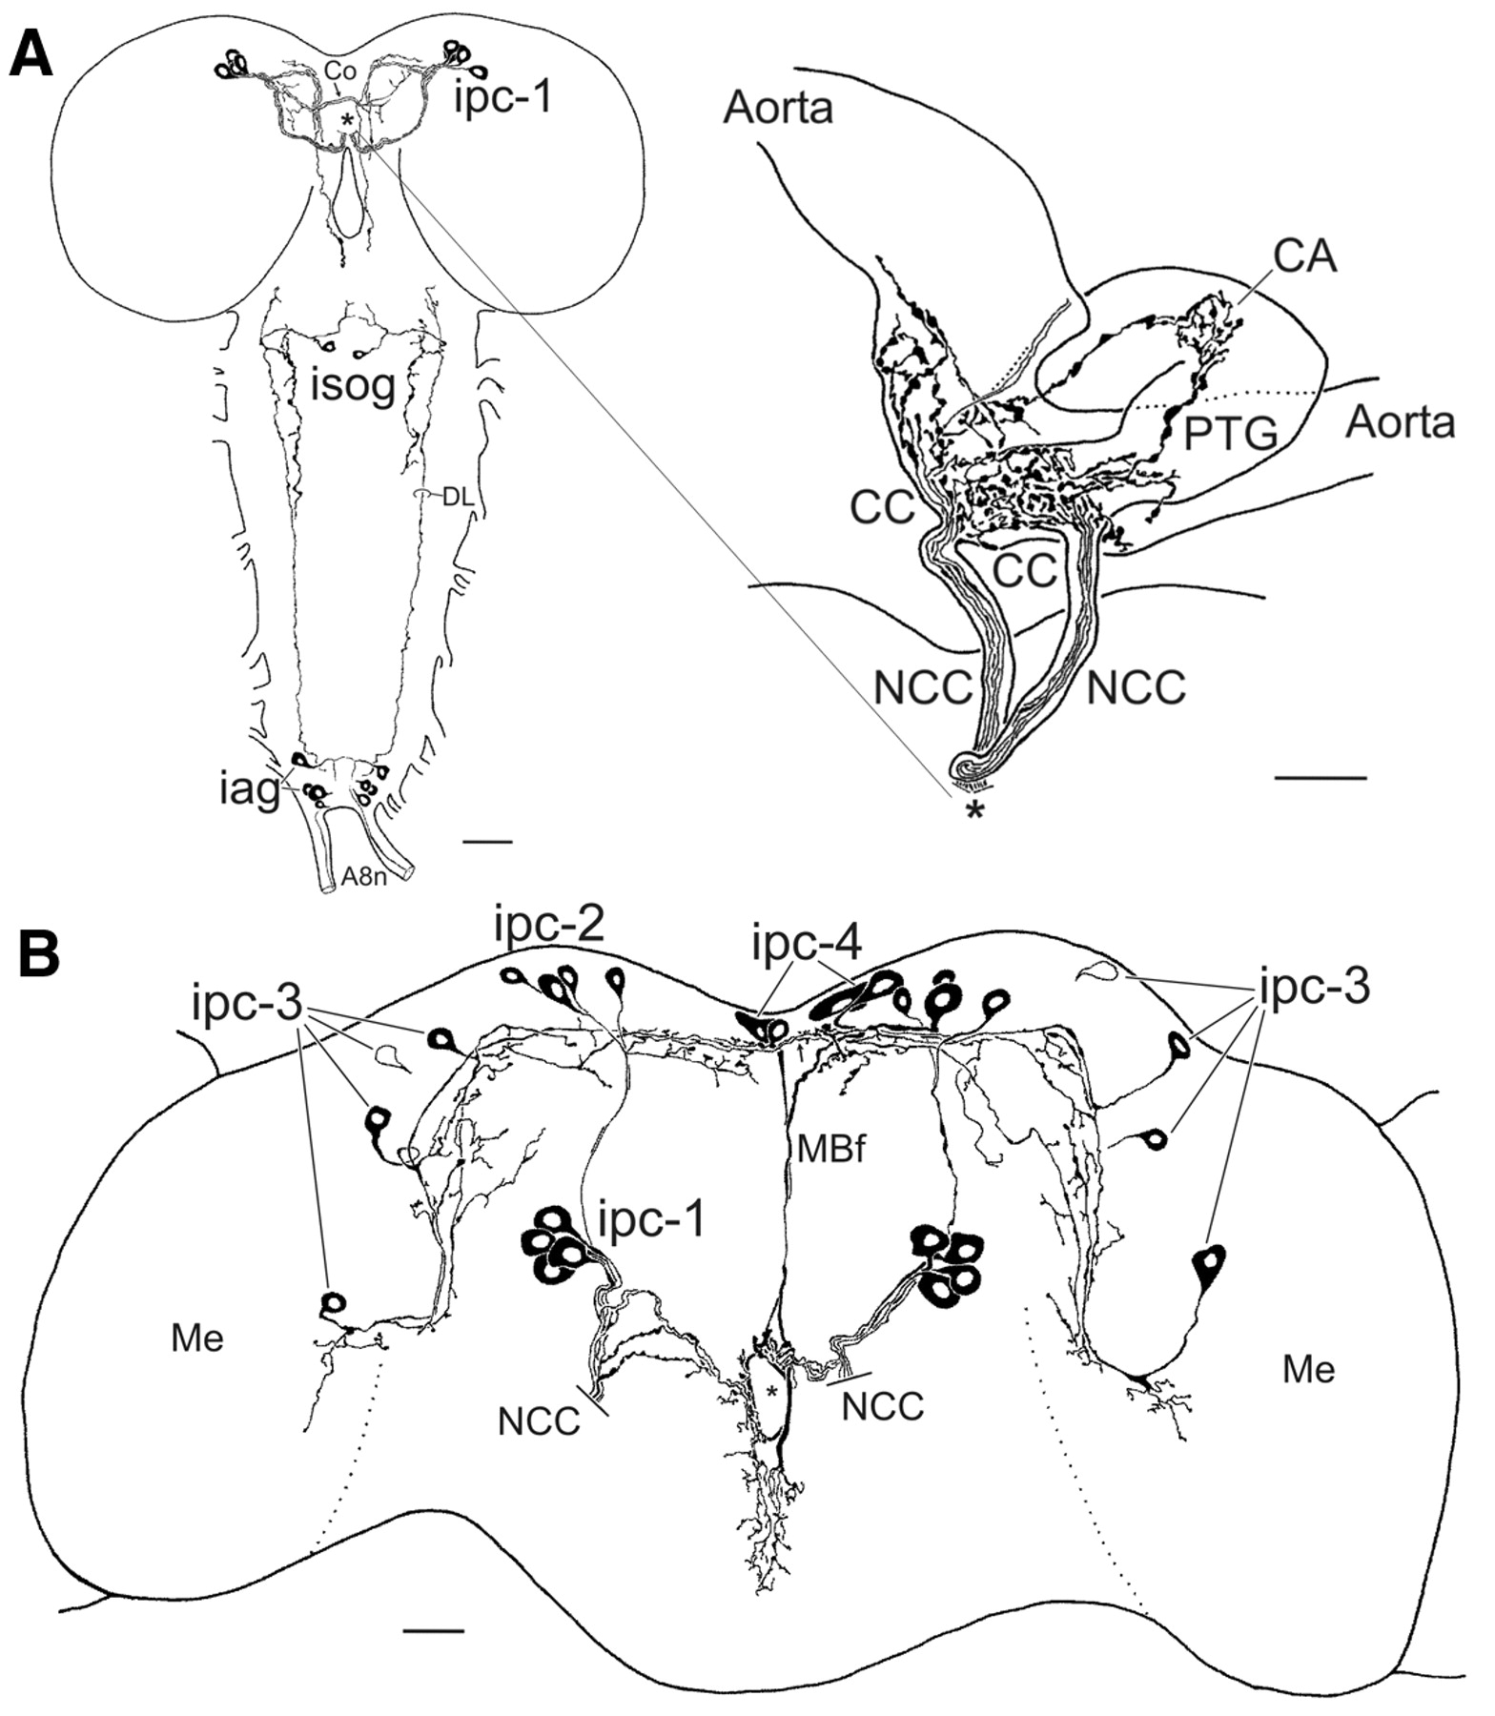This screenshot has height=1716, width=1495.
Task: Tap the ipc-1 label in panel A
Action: pos(502,96)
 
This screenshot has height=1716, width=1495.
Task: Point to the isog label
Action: pos(353,387)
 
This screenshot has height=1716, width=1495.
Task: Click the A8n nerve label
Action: pos(364,877)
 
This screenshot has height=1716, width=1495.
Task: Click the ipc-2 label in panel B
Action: pos(549,926)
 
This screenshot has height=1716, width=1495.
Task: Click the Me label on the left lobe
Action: pos(197,1338)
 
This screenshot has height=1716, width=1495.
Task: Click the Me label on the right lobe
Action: pos(1308,1370)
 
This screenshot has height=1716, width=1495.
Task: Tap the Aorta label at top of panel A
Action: pos(778,108)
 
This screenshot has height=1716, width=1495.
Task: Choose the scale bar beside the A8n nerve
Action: pos(487,842)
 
